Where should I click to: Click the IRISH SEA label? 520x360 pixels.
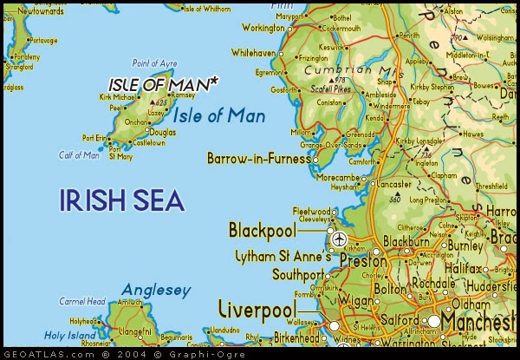click(121, 200)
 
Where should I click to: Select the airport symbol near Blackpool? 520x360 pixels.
click(338, 239)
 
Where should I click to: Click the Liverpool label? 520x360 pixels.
click(257, 310)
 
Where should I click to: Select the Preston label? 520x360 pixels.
click(362, 260)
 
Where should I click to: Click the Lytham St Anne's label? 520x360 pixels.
click(283, 257)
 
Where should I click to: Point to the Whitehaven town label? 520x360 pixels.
click(253, 53)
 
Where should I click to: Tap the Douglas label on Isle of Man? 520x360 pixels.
click(162, 132)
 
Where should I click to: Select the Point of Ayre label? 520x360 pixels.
click(153, 63)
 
